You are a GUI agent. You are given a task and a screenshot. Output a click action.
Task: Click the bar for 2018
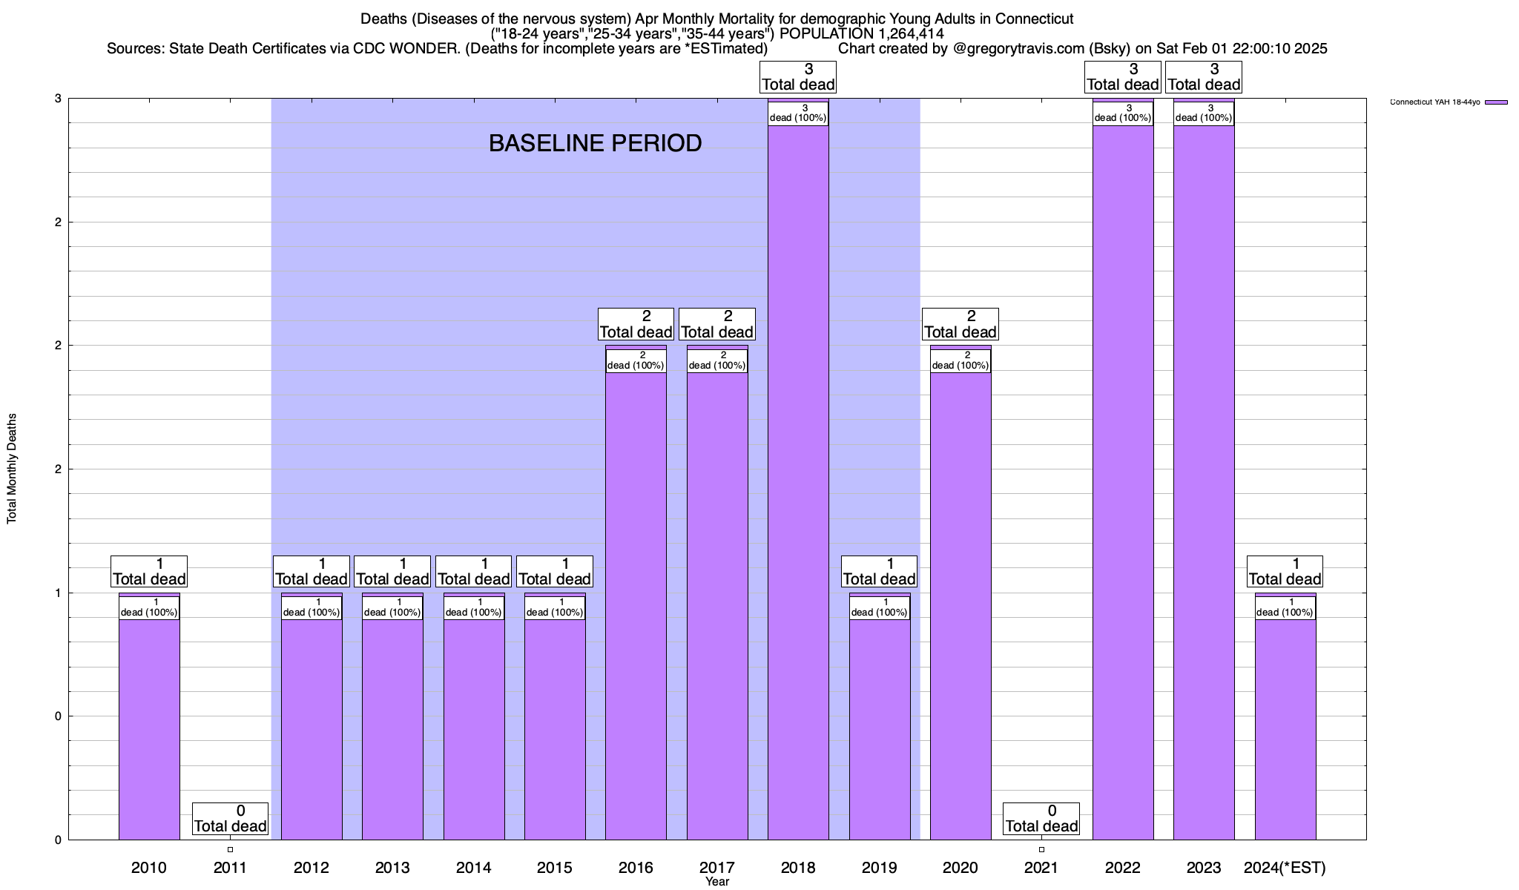[x=798, y=482]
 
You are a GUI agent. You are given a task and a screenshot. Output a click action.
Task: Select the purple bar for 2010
[x=149, y=727]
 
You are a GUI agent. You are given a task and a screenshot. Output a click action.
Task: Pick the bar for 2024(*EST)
[x=1285, y=727]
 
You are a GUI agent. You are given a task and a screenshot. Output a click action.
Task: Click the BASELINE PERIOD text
[x=595, y=143]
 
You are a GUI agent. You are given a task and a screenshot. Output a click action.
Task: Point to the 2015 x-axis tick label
[x=554, y=867]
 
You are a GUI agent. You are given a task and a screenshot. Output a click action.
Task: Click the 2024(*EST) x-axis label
[x=1285, y=867]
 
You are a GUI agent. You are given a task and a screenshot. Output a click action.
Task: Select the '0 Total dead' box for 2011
[x=230, y=819]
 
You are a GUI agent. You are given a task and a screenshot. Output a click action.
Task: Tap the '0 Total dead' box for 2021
[x=1041, y=819]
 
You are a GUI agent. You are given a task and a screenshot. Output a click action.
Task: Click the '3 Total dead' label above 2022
[x=1123, y=77]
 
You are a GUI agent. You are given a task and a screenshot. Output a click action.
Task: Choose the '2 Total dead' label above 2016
[x=636, y=325]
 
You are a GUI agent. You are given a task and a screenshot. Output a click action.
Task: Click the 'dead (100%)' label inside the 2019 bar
[x=880, y=607]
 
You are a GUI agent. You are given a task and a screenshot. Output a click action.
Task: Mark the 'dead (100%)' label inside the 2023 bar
[x=1204, y=113]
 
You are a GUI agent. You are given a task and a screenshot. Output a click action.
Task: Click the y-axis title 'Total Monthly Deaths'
[x=12, y=469]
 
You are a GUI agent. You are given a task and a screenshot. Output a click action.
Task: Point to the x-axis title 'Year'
[x=717, y=882]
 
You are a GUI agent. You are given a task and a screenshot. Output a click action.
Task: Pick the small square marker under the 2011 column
[x=230, y=850]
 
